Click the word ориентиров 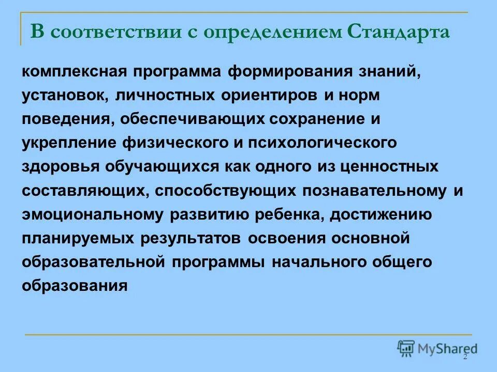coord(269,96)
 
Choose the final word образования coord(75,286)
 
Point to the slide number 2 coord(465,357)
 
